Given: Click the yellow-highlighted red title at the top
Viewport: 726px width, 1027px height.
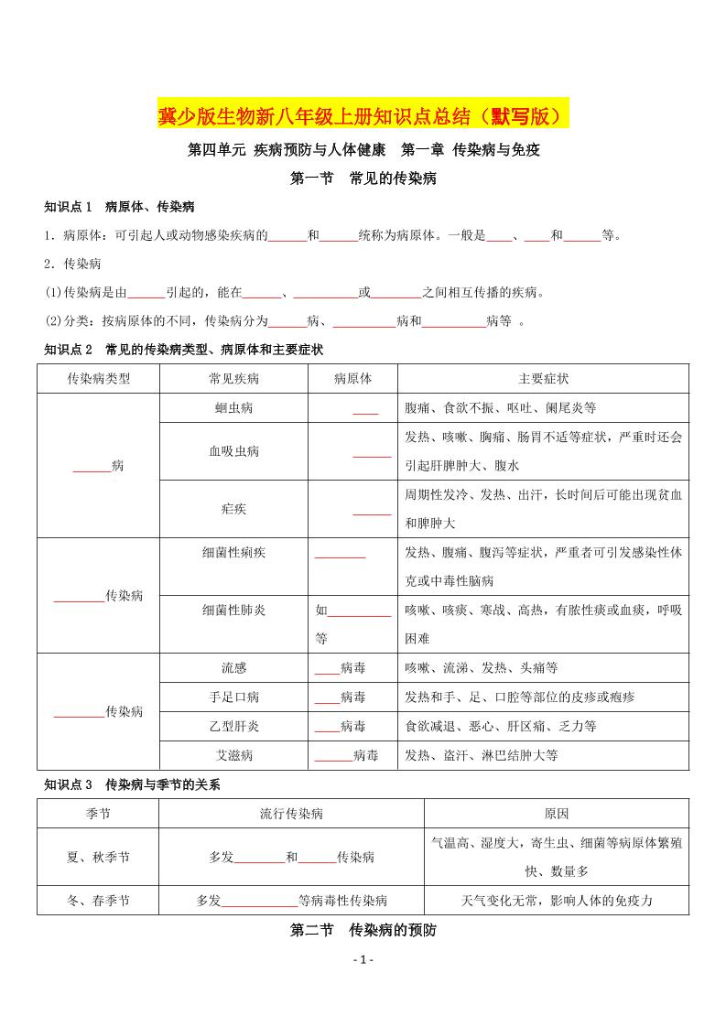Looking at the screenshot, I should (363, 115).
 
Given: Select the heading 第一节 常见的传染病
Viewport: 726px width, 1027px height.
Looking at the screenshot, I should (363, 178).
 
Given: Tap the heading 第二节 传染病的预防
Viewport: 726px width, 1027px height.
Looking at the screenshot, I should (363, 931).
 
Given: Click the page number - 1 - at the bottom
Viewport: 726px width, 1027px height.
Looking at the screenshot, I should (363, 960).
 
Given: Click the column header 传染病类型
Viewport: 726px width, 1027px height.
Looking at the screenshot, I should (99, 379).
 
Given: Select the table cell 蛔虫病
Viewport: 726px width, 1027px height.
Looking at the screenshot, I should (233, 408).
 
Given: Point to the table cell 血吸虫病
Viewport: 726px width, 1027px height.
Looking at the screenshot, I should (233, 451).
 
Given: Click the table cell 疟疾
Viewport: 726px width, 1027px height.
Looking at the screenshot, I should (233, 509).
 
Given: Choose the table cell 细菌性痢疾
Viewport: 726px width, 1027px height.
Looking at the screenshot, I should (233, 553).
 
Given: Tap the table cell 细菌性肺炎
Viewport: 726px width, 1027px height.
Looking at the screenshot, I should (233, 611).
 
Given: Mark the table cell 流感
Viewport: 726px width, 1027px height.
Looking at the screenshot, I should (233, 668).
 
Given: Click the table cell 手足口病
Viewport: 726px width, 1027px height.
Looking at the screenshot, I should (233, 697).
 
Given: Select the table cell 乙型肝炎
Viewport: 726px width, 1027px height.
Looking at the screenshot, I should (233, 727).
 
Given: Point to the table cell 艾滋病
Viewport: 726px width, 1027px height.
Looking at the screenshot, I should (233, 755).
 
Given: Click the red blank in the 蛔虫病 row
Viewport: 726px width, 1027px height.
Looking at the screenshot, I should (365, 410).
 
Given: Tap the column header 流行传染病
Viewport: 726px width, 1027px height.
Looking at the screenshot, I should (291, 814).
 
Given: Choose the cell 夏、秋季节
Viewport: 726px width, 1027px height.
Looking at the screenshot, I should (99, 858).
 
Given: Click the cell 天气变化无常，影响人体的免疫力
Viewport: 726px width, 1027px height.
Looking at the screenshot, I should (557, 901).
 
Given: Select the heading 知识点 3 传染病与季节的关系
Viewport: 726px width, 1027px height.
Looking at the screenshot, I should (132, 785).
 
